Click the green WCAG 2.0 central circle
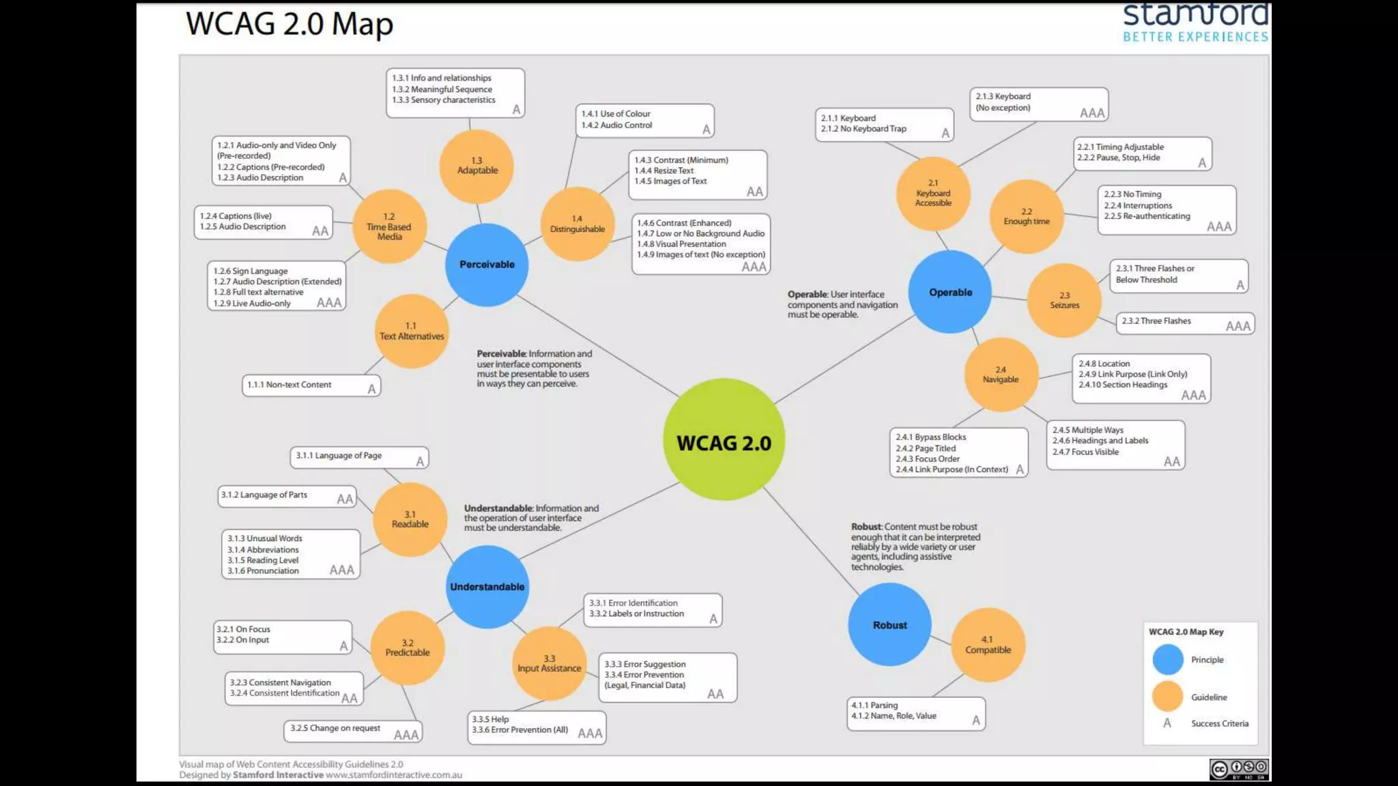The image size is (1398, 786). coord(724,440)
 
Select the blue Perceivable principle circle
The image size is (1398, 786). coord(487,265)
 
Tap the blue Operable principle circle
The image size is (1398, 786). coord(950,292)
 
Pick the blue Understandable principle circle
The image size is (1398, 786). coord(487,587)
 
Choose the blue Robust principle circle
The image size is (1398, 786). coord(889,625)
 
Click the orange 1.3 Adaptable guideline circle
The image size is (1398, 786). coord(477,166)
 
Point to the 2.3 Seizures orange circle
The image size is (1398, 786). coord(1064,300)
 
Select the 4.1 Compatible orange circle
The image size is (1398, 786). coord(988,645)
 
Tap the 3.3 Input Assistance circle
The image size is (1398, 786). coord(550,663)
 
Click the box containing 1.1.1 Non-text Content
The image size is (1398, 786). coord(311,385)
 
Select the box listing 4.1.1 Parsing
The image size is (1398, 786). coord(916,714)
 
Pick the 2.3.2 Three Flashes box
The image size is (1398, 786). coord(1185,323)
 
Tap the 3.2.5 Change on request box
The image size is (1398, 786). coord(352,731)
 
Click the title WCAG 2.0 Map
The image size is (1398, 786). coord(289,25)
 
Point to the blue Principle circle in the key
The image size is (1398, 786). coord(1168,660)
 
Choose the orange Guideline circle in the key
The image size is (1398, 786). coord(1168,697)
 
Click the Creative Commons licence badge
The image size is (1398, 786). coord(1239,769)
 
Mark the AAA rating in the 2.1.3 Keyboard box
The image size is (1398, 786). coord(1092,113)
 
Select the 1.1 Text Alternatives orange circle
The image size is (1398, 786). coord(412,332)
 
